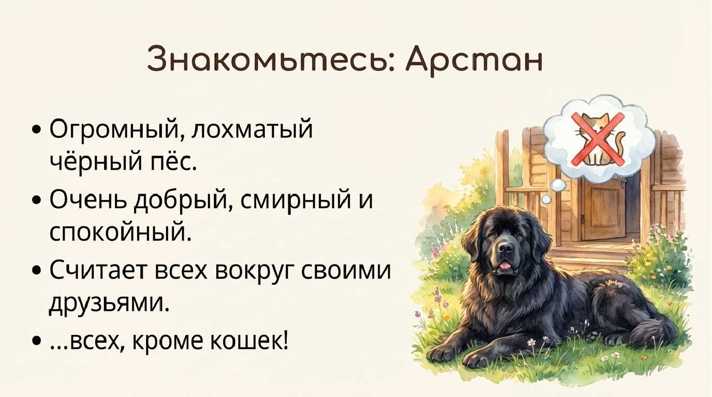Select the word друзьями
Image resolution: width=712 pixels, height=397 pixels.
tap(109, 303)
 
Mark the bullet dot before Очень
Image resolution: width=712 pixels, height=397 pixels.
tap(37, 200)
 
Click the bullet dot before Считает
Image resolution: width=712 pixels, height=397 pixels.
tap(37, 270)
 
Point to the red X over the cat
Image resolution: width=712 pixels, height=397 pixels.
tap(598, 140)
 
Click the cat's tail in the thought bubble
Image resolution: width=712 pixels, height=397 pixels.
tap(619, 143)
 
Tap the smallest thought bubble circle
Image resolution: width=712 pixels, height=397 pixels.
tap(546, 199)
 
